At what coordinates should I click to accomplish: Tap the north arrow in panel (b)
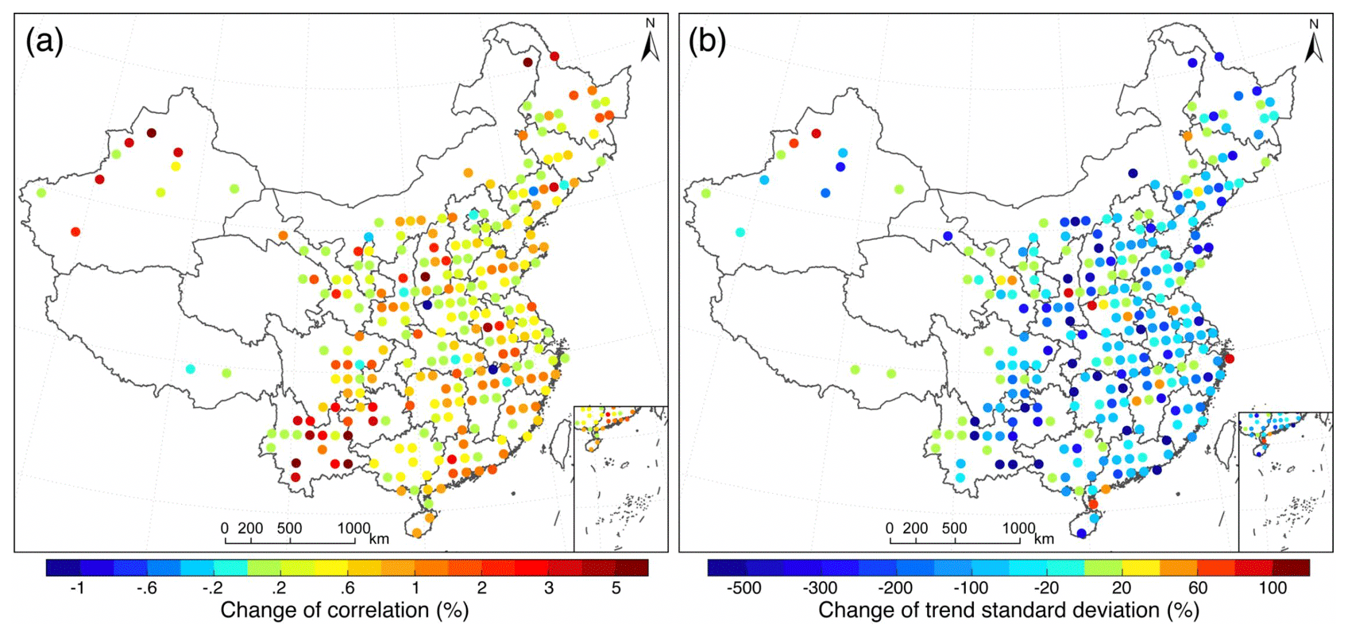point(1313,45)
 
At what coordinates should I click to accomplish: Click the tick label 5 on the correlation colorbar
point(616,588)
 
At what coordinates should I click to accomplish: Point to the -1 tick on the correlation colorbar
point(77,588)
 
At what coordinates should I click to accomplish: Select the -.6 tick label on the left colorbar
point(144,588)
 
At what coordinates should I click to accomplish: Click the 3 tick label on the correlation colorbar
point(548,588)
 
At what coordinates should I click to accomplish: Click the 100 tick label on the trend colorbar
point(1273,588)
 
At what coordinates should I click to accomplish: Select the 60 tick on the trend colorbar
point(1198,588)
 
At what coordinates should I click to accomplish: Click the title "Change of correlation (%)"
point(344,611)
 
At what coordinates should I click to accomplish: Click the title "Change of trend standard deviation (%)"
point(1008,611)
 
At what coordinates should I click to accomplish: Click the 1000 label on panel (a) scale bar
point(353,528)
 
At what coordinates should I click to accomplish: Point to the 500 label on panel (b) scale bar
point(954,528)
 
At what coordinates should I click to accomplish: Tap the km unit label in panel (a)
point(379,539)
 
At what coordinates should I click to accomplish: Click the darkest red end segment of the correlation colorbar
point(632,567)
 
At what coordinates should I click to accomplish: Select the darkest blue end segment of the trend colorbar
point(726,567)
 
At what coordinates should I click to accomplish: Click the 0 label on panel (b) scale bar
point(889,528)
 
